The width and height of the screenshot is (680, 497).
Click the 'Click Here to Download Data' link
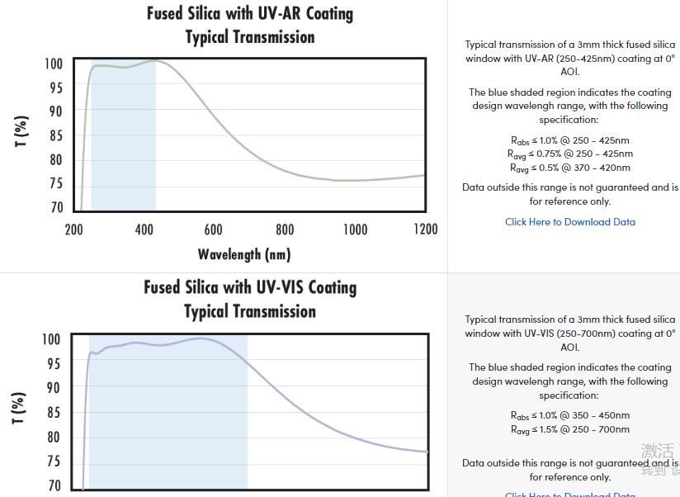pos(570,222)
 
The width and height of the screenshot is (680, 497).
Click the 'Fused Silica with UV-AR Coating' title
pos(250,14)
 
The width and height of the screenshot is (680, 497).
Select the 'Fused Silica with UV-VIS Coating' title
pos(250,287)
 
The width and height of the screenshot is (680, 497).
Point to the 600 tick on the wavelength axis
pos(213,230)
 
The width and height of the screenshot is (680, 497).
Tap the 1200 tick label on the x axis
pos(425,230)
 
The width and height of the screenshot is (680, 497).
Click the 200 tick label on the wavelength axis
pos(74,230)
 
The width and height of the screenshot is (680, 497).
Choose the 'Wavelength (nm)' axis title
pos(244,254)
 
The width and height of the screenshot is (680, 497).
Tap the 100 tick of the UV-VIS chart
pos(51,339)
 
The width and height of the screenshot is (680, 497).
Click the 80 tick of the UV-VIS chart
pos(53,438)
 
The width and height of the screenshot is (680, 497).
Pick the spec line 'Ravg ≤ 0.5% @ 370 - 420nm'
pos(569,168)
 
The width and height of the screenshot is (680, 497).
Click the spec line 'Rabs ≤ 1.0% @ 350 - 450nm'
pos(569,415)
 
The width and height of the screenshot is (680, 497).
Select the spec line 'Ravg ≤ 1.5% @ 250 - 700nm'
pos(569,429)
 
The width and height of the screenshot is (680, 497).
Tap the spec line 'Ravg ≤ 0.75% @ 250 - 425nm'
pos(569,154)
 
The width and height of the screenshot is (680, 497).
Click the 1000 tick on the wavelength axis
pos(355,230)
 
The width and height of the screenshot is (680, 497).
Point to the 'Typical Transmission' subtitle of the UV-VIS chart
pos(250,311)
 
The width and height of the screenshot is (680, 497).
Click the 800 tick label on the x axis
pos(285,230)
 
